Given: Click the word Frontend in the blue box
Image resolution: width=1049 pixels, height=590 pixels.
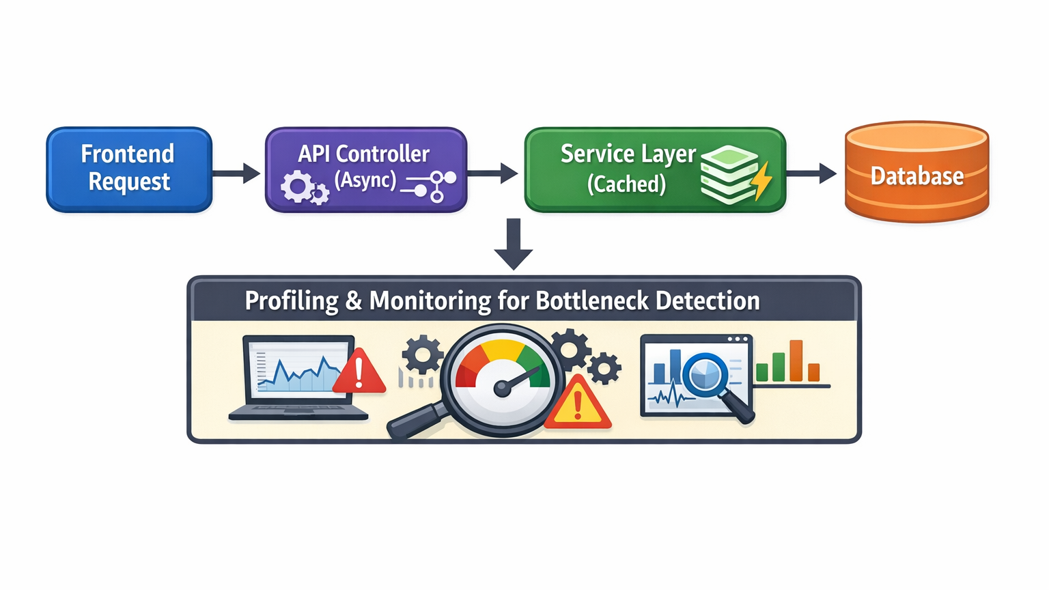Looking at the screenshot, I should click(128, 154).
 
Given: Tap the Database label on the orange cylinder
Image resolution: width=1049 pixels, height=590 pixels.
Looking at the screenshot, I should click(917, 176).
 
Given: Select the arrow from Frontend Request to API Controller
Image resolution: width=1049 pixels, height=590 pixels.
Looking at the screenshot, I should click(236, 173).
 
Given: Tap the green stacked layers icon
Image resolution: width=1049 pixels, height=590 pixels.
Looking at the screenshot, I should click(728, 174).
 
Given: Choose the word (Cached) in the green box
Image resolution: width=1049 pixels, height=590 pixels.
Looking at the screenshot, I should click(626, 184).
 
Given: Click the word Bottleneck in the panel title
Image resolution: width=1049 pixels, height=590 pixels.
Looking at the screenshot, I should click(591, 300).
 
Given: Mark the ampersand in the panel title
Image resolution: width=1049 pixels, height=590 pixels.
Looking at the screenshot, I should click(353, 300).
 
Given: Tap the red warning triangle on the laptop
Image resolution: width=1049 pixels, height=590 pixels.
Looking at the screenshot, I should click(359, 372).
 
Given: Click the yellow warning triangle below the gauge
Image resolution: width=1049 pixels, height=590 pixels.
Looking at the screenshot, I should click(578, 404).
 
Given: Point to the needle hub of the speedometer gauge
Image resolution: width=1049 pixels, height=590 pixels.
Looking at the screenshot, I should click(502, 389).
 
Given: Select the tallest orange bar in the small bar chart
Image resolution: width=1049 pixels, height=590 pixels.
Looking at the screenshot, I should click(796, 361).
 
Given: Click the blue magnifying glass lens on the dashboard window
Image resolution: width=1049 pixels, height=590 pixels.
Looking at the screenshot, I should click(706, 374).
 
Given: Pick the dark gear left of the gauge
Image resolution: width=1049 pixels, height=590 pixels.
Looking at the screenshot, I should click(422, 354).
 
